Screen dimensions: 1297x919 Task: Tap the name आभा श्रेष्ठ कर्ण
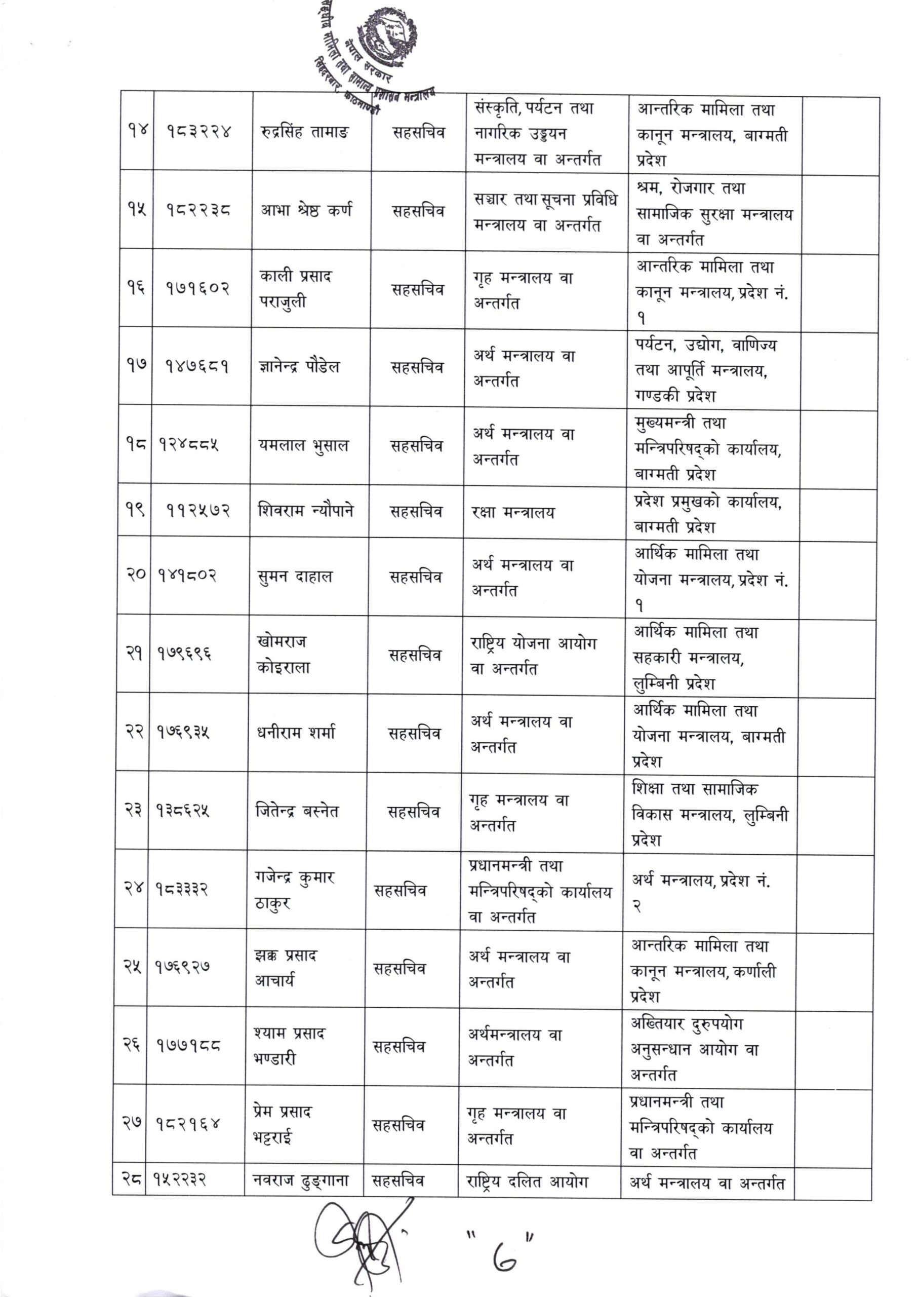pyautogui.click(x=306, y=211)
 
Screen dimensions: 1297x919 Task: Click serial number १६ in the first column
pyautogui.click(x=136, y=288)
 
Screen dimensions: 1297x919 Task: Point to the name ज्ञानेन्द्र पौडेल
pyautogui.click(x=299, y=367)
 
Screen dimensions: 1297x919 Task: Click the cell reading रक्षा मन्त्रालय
pyautogui.click(x=513, y=512)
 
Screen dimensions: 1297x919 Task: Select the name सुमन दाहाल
pyautogui.click(x=294, y=577)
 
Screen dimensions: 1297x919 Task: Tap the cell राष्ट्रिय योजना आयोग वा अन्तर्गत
pyautogui.click(x=533, y=656)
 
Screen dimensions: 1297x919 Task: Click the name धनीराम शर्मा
pyautogui.click(x=295, y=733)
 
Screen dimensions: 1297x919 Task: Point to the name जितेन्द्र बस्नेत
pyautogui.click(x=297, y=811)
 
